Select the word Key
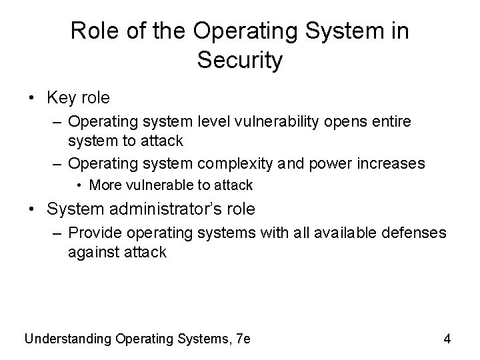coord(62,98)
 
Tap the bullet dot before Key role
coord(33,99)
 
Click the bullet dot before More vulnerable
coord(79,185)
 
